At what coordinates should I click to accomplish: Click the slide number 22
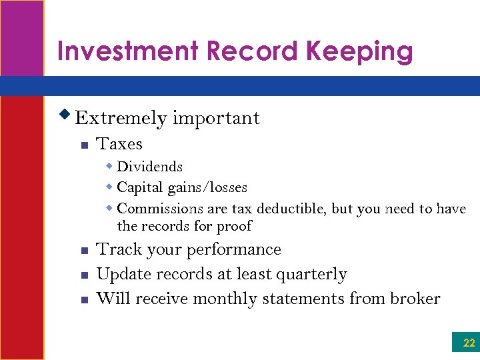pyautogui.click(x=469, y=343)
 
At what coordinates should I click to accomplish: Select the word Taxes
pyautogui.click(x=119, y=144)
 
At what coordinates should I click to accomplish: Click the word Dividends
pyautogui.click(x=149, y=167)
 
